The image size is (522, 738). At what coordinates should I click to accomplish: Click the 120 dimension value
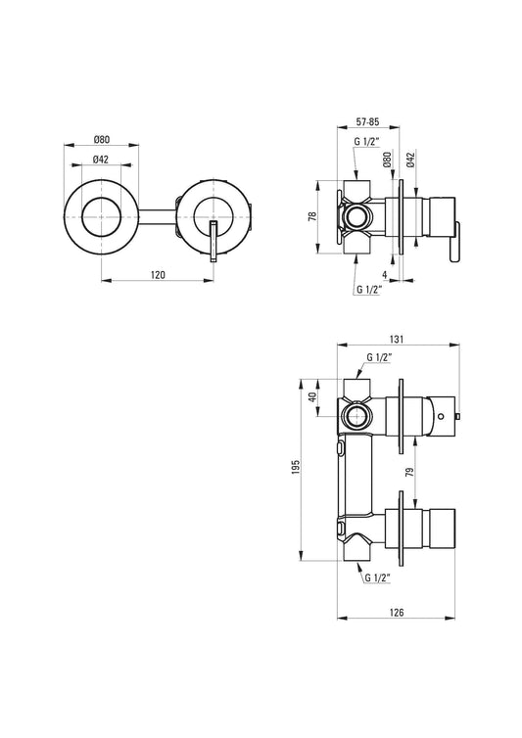[x=159, y=276]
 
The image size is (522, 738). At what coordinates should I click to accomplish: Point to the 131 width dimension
[x=399, y=339]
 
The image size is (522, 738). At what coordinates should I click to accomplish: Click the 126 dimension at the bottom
[x=396, y=612]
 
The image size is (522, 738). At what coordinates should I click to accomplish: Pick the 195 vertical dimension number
[x=295, y=468]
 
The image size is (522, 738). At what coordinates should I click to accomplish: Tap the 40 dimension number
[x=311, y=397]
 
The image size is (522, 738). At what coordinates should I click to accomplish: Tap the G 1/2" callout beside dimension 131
[x=377, y=357]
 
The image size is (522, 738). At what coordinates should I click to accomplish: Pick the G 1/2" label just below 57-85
[x=368, y=143]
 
